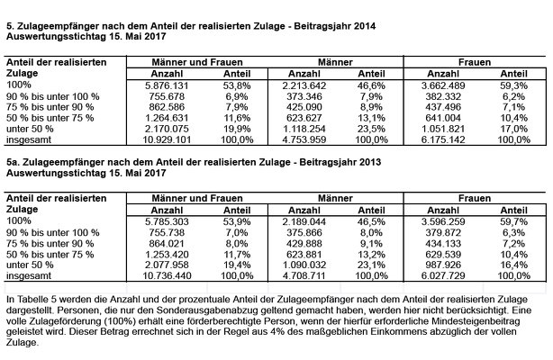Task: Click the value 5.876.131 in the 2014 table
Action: (167, 85)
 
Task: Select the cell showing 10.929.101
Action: (167, 139)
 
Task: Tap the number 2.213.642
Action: (304, 85)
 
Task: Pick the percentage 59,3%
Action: (513, 85)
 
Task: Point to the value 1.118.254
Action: (304, 129)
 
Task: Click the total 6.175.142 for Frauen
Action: (443, 139)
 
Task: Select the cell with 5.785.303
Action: (167, 221)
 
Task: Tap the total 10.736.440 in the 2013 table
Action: (167, 275)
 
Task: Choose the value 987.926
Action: (443, 265)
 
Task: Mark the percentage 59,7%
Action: (513, 221)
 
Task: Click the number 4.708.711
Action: (304, 275)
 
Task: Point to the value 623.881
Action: (304, 254)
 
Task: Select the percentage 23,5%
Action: (371, 129)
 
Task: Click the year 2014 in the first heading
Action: (365, 26)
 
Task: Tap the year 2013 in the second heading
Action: (370, 162)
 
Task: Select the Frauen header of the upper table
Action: (475, 62)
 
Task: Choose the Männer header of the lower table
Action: (335, 198)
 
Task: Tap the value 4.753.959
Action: (304, 139)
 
